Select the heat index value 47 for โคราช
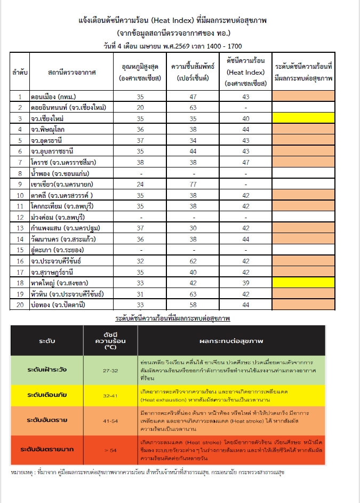pos(245,162)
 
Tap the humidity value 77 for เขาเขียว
pos(193,184)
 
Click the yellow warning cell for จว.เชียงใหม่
pos(303,118)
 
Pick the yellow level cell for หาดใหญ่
pos(303,283)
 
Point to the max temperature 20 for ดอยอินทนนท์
pos(140,107)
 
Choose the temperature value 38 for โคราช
pos(140,162)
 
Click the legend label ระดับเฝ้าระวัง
pos(47,370)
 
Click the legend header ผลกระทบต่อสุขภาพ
pos(232,339)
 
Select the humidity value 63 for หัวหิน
pos(193,294)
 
